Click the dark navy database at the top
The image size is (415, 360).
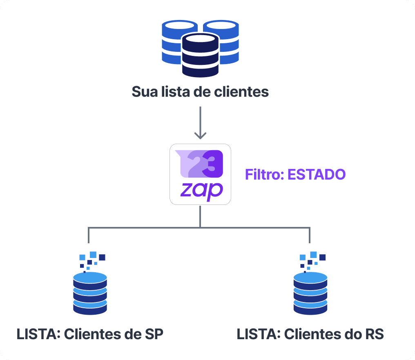pyautogui.click(x=200, y=55)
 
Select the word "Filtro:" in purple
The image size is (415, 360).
pyautogui.click(x=264, y=175)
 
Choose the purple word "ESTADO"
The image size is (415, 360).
pyautogui.click(x=317, y=175)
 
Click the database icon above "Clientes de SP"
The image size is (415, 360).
pyautogui.click(x=90, y=293)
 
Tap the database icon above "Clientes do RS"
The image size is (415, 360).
pyautogui.click(x=310, y=293)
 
